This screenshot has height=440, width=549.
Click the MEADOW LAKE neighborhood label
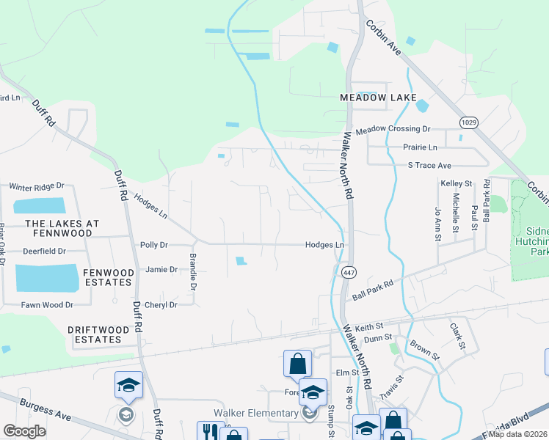[378, 98]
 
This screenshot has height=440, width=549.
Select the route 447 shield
[349, 271]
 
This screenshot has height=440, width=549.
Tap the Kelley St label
[456, 183]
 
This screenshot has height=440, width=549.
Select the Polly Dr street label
[154, 245]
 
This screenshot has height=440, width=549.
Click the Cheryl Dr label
[161, 305]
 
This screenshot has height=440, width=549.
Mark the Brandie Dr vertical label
[193, 271]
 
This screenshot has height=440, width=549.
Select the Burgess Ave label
[46, 409]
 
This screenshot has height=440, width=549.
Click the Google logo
[24, 430]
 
